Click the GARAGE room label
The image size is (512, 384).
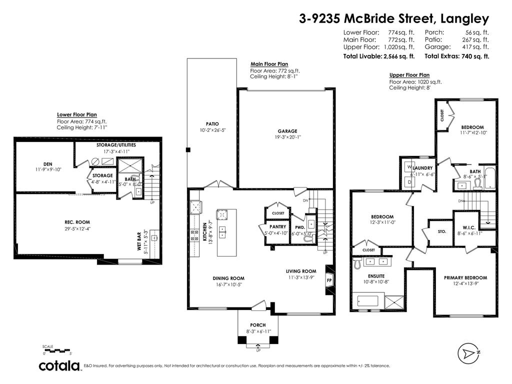click(x=287, y=130)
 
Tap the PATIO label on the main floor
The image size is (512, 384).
click(x=213, y=124)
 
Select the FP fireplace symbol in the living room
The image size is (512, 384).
click(x=329, y=281)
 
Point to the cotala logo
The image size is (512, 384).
click(x=60, y=366)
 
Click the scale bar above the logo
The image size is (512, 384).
click(x=56, y=350)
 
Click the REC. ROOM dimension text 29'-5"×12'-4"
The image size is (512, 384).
click(x=77, y=229)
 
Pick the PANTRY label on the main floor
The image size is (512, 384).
click(x=277, y=226)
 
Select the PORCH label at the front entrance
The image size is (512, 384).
click(x=258, y=325)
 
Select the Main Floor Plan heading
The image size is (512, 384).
click(x=269, y=64)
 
